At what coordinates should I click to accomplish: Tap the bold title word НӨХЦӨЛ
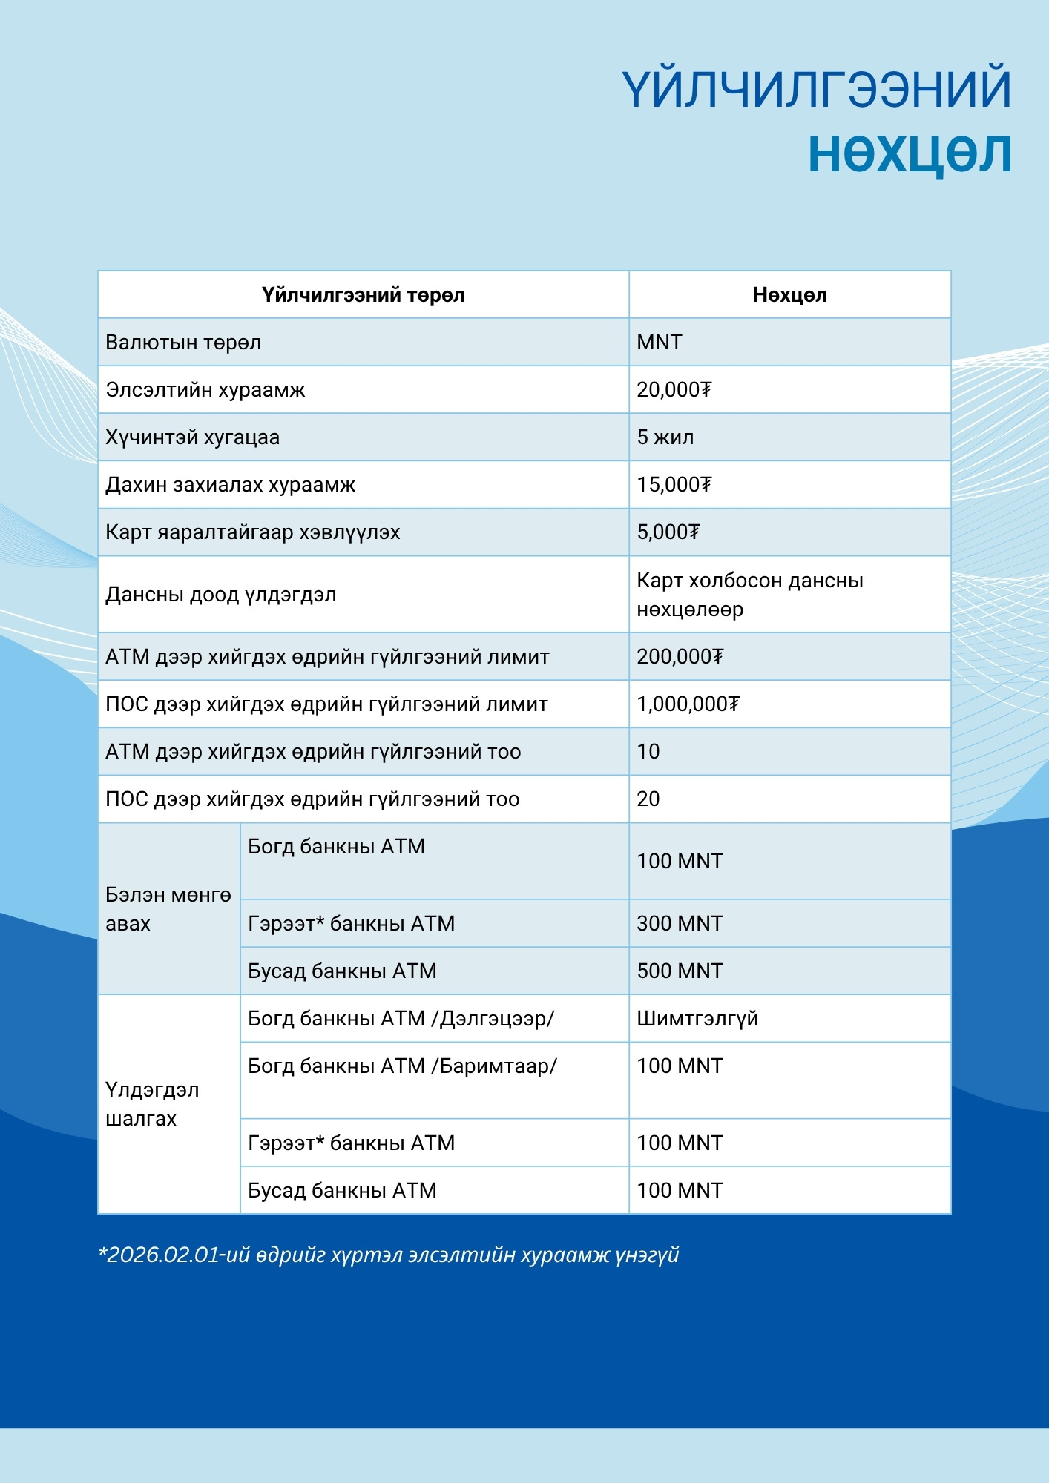910,153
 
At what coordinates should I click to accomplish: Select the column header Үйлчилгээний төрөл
363,295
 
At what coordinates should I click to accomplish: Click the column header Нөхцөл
789,295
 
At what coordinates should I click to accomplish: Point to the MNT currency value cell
659,343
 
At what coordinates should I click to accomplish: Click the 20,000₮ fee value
674,390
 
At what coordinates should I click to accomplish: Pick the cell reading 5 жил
665,437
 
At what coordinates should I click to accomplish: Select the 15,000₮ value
674,485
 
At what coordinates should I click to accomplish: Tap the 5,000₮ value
668,532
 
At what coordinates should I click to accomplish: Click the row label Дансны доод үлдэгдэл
220,595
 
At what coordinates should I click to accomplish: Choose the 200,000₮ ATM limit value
680,657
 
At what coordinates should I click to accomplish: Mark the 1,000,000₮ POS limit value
688,704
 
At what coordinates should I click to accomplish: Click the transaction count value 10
648,752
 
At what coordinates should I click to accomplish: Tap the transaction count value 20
648,799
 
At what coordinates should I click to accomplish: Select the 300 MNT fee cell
680,924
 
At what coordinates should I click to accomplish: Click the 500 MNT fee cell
680,971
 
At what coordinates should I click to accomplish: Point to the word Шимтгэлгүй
697,1019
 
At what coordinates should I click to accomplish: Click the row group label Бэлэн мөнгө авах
168,909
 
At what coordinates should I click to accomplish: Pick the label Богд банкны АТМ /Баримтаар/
402,1066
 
